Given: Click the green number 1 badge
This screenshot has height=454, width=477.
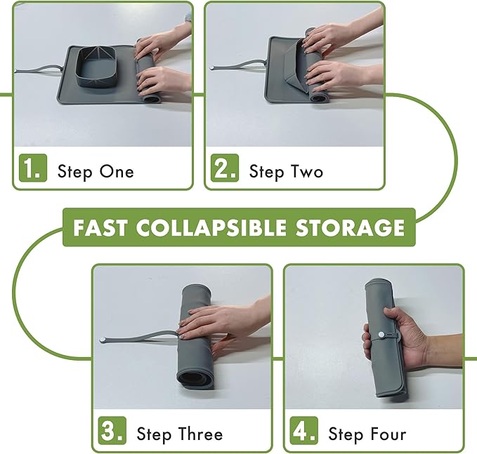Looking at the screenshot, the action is pos(33,168).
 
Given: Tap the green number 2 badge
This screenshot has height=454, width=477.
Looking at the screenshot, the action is pos(225,168).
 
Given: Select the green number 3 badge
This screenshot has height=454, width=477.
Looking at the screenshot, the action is pos(112,431).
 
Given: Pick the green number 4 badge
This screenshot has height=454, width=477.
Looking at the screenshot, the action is pos(304,431).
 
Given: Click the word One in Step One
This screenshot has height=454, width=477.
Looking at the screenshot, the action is pos(117,172).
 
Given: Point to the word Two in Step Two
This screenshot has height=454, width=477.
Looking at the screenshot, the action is pos(307,172).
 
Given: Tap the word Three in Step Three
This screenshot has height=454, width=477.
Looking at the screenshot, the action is pos(200,434).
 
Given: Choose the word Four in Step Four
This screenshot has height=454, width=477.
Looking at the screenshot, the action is pos(388,434).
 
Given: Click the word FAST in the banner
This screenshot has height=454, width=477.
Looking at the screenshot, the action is pos(100,227).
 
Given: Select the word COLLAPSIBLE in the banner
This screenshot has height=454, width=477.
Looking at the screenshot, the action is pos(211,227).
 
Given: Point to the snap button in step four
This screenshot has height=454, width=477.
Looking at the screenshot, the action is pos(381,335).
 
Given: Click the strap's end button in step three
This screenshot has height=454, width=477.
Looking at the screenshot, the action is pos(103,339).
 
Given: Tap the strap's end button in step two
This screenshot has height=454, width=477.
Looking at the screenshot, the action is pos(211,68).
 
